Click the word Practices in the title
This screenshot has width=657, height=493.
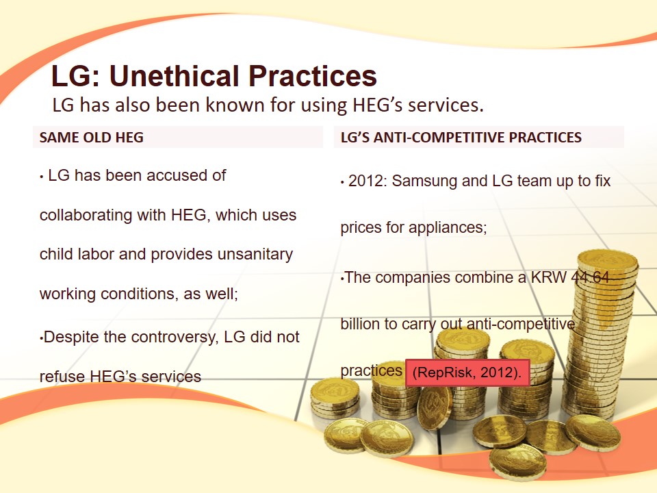(x=313, y=76)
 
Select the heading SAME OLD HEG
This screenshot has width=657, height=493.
(x=91, y=138)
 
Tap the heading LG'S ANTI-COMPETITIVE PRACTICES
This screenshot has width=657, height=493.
(x=461, y=138)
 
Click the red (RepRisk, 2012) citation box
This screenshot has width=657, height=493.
(x=467, y=372)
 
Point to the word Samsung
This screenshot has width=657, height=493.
(x=424, y=181)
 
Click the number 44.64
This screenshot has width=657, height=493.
(x=590, y=277)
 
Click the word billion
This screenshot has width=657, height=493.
(x=359, y=324)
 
